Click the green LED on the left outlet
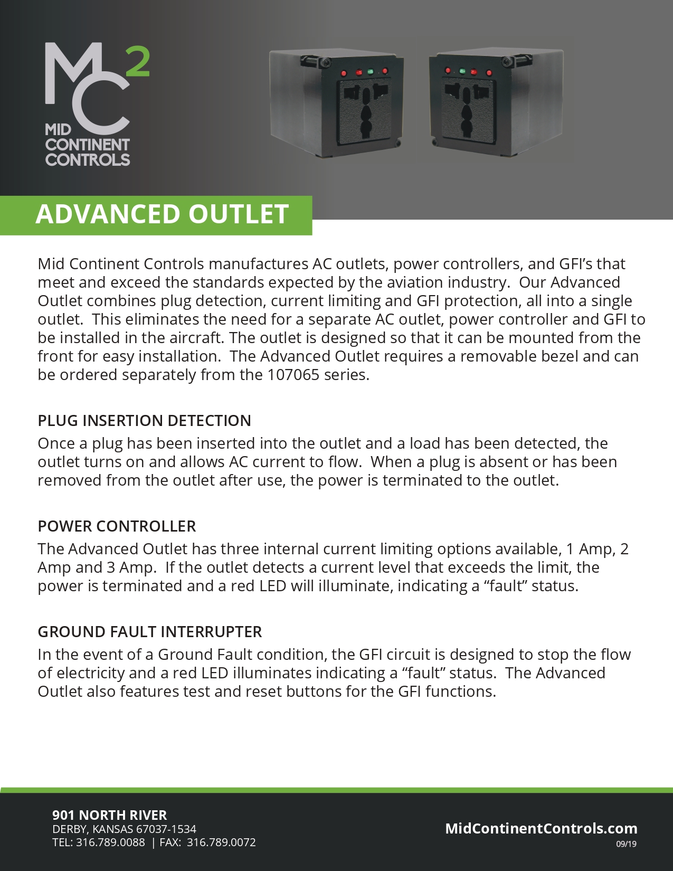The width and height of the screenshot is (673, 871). [370, 71]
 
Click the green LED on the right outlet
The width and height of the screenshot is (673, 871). [462, 71]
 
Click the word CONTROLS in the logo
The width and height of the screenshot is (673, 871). [88, 159]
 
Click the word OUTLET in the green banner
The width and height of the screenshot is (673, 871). [239, 214]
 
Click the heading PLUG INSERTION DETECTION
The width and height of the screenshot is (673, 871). [144, 421]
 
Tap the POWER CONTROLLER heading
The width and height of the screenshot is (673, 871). [117, 526]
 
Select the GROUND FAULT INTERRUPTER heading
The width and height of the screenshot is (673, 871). [150, 632]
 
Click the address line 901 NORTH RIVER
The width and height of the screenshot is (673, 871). [109, 815]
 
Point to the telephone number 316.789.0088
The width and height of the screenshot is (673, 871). [110, 842]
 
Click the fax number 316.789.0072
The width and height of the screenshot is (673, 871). [221, 842]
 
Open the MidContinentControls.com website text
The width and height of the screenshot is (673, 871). [541, 828]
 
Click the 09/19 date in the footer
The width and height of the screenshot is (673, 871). [626, 844]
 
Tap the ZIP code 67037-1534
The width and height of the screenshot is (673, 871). [166, 829]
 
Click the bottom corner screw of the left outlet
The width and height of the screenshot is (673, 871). [398, 143]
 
